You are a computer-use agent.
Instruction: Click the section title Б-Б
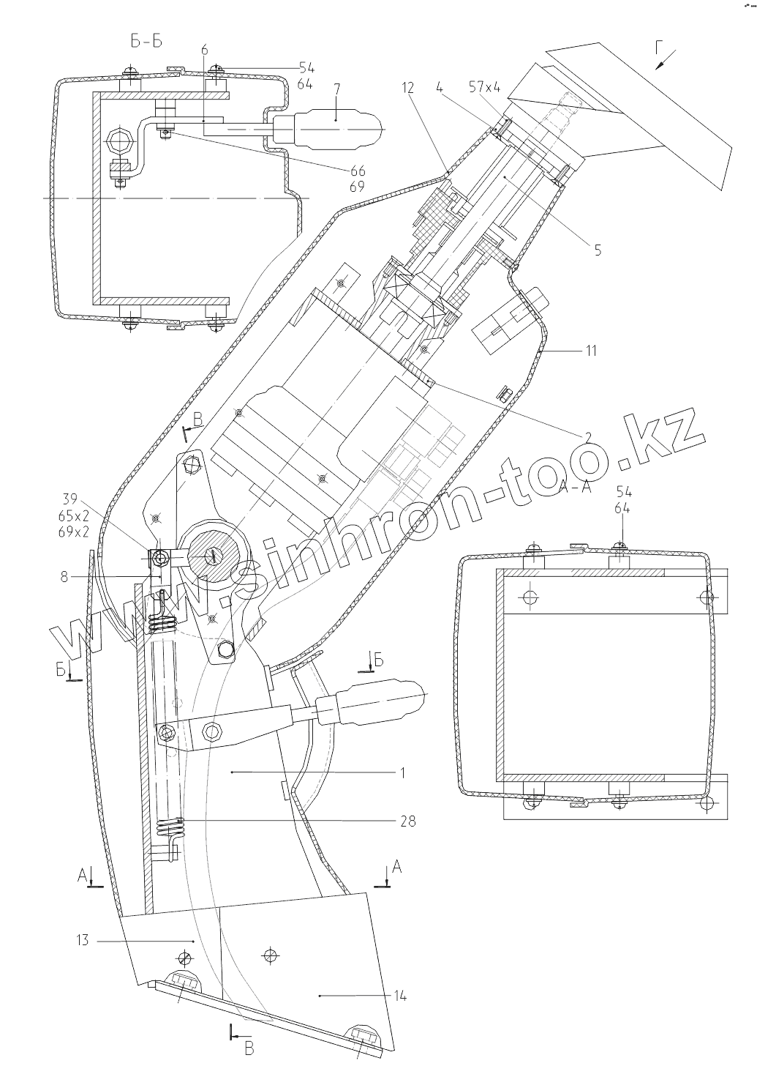(x=146, y=42)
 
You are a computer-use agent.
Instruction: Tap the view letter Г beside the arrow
(x=660, y=49)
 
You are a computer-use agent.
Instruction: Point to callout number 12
(x=407, y=89)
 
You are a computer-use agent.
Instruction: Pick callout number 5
(x=598, y=250)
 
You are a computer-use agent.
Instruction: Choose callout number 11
(x=590, y=351)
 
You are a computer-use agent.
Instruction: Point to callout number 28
(x=408, y=821)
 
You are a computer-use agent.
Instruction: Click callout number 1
(x=403, y=772)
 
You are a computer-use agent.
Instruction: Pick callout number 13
(x=82, y=940)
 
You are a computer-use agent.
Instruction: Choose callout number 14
(x=399, y=996)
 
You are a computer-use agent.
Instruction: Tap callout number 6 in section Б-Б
(x=204, y=50)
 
